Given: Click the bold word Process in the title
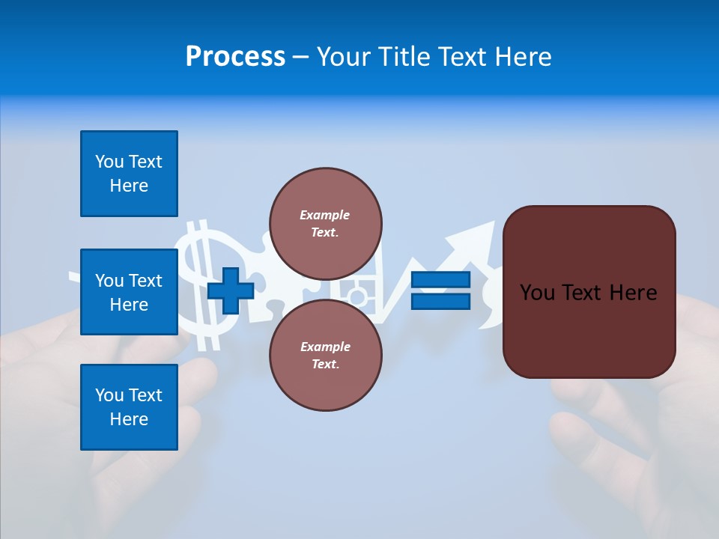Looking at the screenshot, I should click(x=235, y=57).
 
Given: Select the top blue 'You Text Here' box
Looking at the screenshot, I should click(x=129, y=174).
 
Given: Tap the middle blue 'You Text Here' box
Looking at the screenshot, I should click(x=129, y=292).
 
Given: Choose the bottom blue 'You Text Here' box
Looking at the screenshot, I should click(x=129, y=407).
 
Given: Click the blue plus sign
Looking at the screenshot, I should click(x=231, y=290).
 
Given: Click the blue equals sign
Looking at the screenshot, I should click(x=440, y=290).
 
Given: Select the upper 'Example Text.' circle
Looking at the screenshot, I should click(x=326, y=224).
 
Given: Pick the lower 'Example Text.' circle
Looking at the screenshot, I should click(x=326, y=356).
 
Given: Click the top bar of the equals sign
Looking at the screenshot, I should click(x=440, y=280).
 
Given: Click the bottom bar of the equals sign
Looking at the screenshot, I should click(x=440, y=301).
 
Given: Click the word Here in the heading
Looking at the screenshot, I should click(x=524, y=57).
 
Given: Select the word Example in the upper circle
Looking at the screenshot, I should click(x=324, y=215).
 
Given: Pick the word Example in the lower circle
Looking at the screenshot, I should click(x=325, y=347).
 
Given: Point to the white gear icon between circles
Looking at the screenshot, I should click(x=358, y=296).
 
